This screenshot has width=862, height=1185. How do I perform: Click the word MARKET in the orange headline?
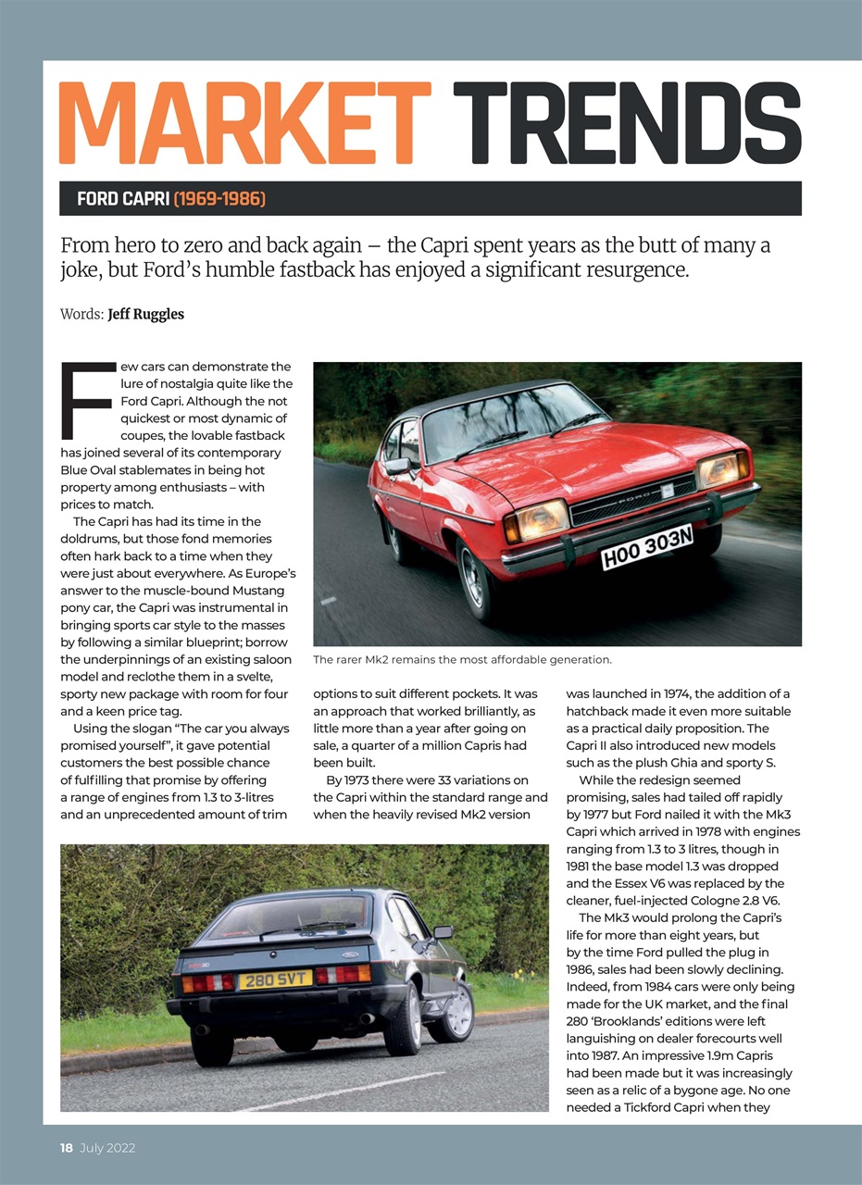coord(244,123)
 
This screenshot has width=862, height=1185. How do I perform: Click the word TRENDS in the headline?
coord(627,123)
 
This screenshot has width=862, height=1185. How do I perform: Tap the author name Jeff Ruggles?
coord(145,314)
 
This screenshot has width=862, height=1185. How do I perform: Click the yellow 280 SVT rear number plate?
coord(275,979)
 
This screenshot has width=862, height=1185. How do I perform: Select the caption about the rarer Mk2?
coord(462,660)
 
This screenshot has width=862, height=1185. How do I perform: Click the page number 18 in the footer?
coord(67,1148)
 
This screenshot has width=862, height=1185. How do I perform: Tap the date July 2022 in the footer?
coord(106,1148)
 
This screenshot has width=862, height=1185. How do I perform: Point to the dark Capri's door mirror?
coord(443,932)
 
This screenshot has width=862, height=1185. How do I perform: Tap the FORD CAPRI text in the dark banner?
coord(123,199)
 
